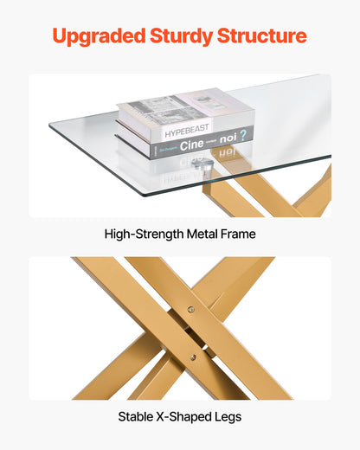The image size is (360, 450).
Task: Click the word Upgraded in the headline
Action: point(98,36)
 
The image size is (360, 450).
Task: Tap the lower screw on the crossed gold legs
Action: point(205,350)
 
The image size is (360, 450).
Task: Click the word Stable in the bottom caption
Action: point(138,417)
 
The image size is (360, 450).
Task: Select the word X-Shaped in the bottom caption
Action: point(184,417)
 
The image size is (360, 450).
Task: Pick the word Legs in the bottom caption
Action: point(228,417)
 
